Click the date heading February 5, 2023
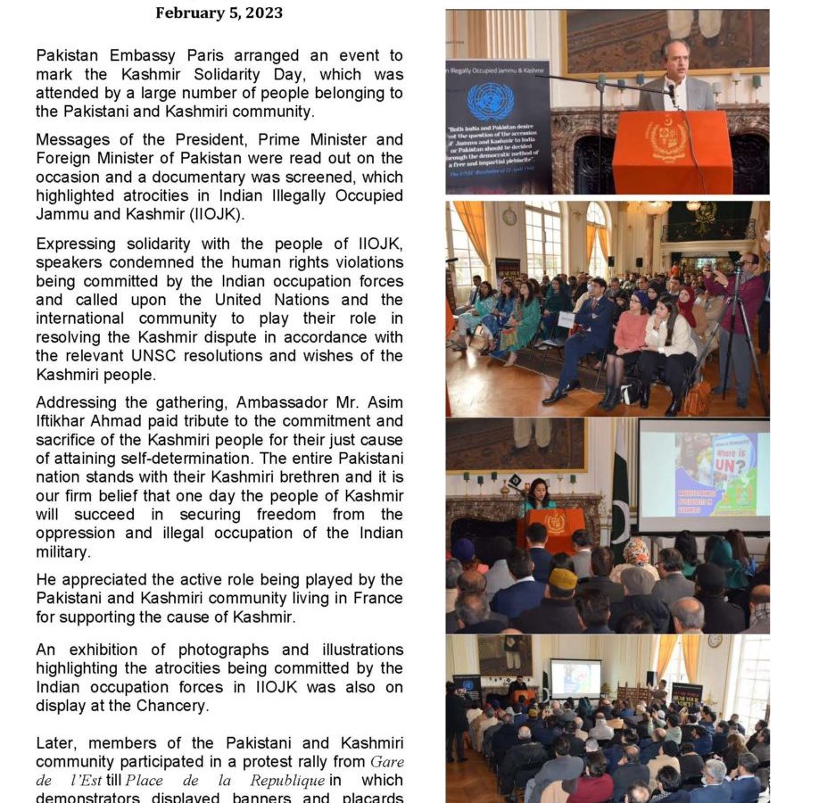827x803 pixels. point(219,12)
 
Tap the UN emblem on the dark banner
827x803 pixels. point(490,101)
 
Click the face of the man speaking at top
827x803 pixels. point(676,61)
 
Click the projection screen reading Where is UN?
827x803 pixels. point(704,475)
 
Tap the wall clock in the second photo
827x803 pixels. point(509,217)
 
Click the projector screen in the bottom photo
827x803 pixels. point(575,677)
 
